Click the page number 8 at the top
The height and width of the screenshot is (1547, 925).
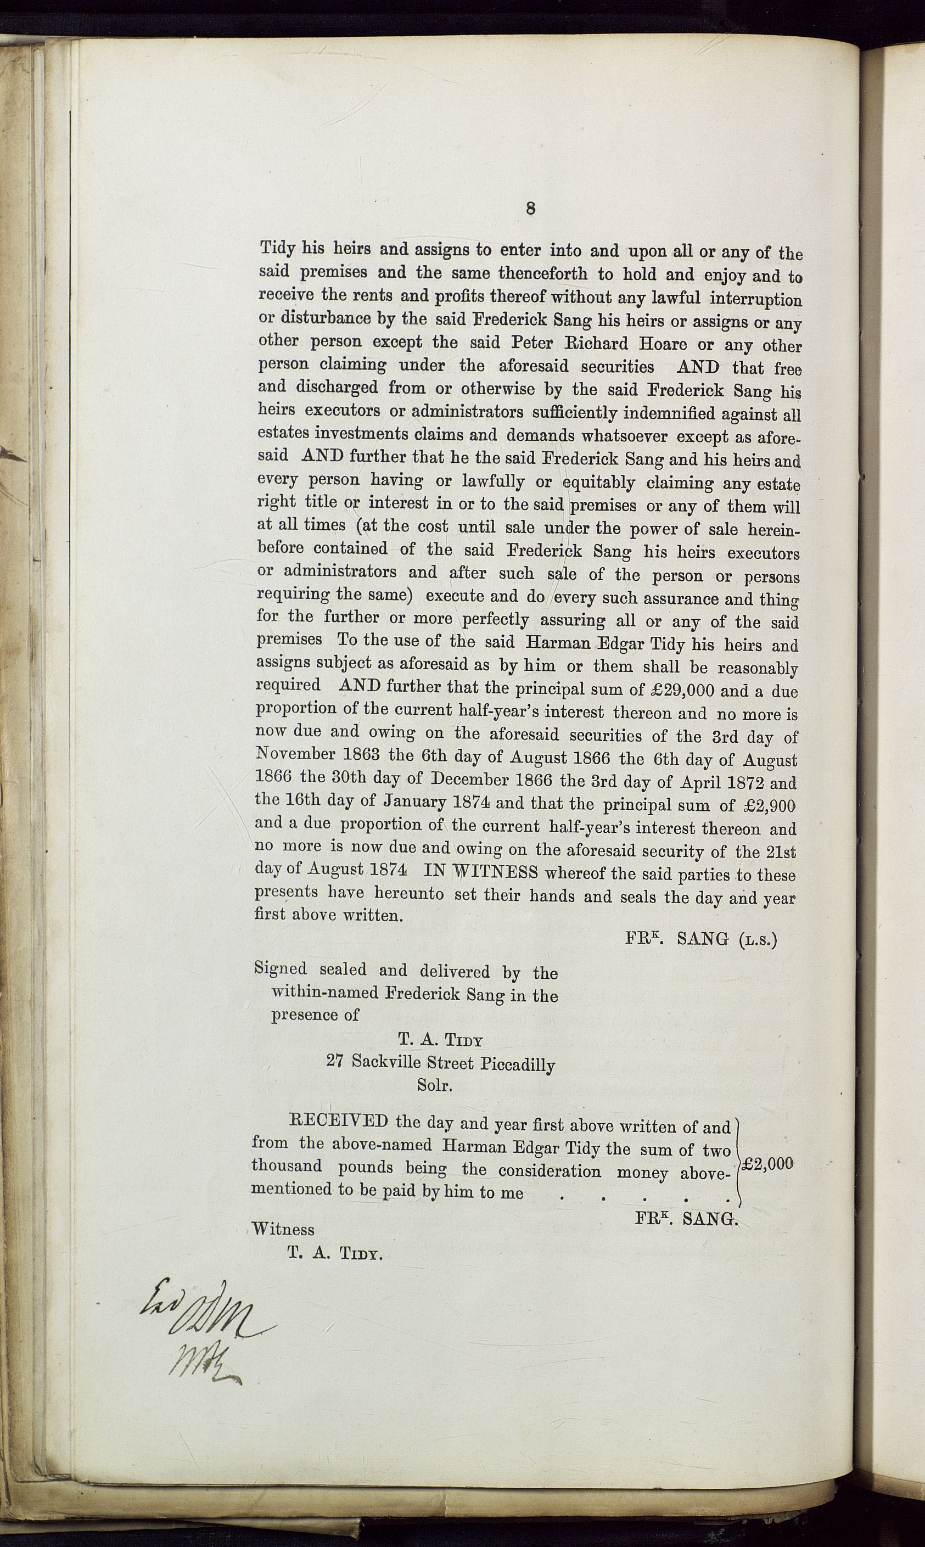530,209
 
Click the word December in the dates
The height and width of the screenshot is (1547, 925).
469,780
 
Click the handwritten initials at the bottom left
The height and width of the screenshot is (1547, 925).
199,1330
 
